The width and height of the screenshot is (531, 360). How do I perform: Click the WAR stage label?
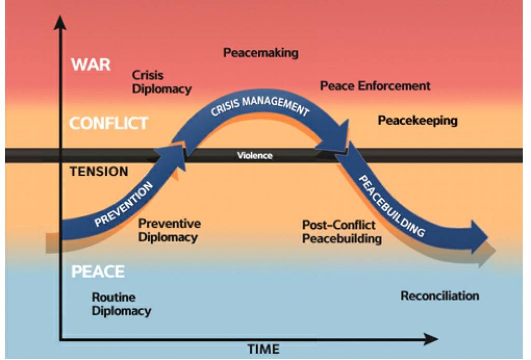tap(91, 64)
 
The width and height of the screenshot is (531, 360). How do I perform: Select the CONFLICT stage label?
tap(109, 123)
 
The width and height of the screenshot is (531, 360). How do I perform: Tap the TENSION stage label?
tap(99, 172)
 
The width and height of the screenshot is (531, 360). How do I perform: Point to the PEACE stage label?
tap(98, 271)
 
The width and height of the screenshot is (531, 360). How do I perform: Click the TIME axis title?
tap(263, 349)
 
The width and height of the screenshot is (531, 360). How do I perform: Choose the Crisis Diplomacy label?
tap(162, 82)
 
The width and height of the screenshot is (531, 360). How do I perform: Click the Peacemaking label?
tap(261, 53)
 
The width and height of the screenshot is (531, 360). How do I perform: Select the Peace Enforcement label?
tap(375, 86)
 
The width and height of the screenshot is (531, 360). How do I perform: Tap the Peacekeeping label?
tap(417, 121)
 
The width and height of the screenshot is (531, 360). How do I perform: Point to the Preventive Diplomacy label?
tap(169, 231)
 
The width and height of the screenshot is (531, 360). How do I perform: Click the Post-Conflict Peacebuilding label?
tap(342, 232)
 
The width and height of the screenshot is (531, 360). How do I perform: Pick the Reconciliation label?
tap(440, 296)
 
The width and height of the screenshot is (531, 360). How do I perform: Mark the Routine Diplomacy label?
tap(121, 304)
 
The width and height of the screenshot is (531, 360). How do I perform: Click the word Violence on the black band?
tap(255, 156)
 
